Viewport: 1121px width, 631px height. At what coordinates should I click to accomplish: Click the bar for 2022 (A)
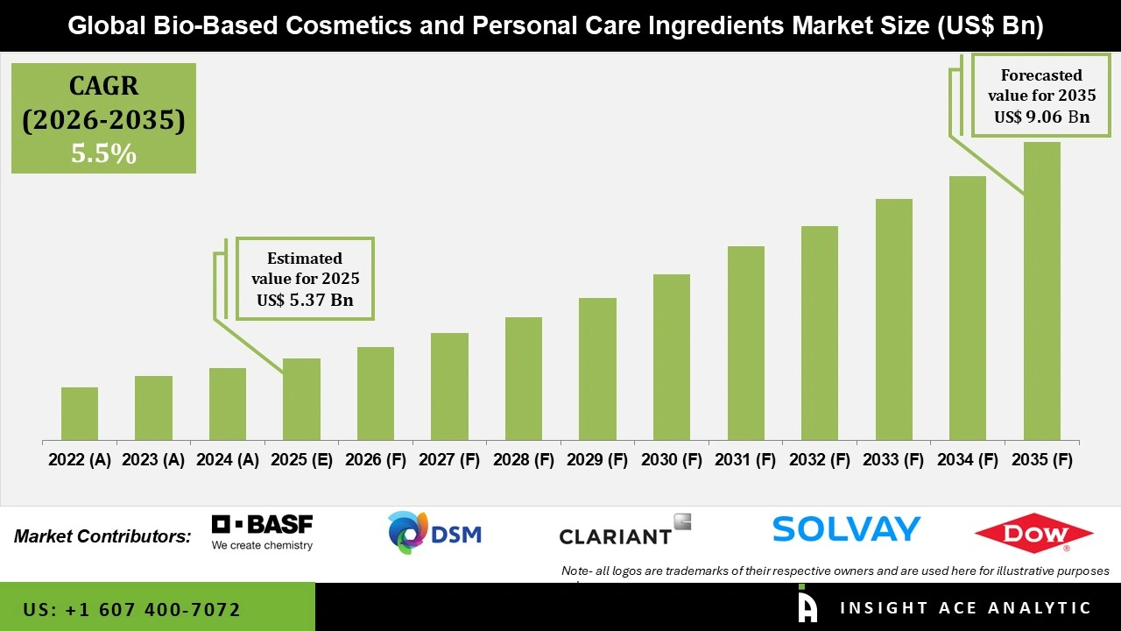tap(80, 414)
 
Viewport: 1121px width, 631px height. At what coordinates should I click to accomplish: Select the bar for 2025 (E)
tap(301, 400)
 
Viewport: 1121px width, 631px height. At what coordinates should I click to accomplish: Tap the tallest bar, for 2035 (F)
tap(1041, 291)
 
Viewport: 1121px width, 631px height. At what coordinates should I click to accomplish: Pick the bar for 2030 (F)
tap(671, 358)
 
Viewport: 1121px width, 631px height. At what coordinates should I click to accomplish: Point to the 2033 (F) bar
tap(893, 320)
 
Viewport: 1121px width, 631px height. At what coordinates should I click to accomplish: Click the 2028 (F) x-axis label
tap(524, 460)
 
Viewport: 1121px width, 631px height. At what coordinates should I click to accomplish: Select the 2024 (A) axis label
tap(228, 460)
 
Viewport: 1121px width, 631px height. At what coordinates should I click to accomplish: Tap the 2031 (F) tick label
tap(745, 460)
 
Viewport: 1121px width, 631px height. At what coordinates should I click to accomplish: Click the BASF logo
tap(262, 532)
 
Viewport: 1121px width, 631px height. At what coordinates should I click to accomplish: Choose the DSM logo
tap(434, 533)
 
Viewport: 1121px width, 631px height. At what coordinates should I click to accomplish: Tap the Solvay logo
tap(846, 528)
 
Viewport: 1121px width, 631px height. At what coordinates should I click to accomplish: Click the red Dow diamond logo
tap(1033, 533)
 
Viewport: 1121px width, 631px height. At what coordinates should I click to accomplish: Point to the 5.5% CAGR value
tap(103, 154)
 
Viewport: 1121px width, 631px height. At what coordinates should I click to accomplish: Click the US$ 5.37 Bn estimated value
tap(305, 301)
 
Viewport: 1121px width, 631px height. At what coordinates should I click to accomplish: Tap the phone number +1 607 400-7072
tap(132, 609)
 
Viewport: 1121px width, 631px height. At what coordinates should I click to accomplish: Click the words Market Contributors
tap(102, 536)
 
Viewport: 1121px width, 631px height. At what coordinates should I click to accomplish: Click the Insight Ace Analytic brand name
tap(965, 608)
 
